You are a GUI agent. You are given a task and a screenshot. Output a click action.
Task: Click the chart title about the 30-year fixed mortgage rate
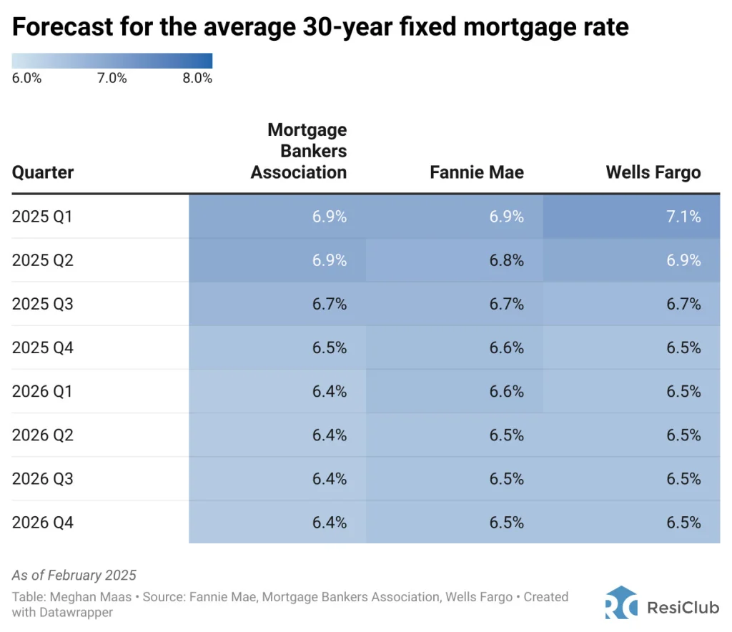tap(320, 26)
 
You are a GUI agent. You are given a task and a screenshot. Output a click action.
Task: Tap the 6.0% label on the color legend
tap(26, 79)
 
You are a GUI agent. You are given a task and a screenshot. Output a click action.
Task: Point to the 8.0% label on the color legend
tap(197, 79)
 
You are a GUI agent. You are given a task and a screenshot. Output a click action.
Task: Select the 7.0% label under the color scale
tap(112, 79)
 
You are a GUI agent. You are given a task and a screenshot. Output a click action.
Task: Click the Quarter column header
tap(43, 172)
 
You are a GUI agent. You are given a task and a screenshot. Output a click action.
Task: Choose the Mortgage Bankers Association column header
tap(299, 151)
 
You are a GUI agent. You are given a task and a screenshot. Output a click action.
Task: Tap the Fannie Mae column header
tap(477, 172)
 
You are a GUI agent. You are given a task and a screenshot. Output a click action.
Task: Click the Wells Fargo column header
tap(653, 172)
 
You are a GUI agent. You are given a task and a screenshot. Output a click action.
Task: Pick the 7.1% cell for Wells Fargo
tap(683, 216)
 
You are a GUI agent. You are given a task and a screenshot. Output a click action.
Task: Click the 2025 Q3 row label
tap(43, 304)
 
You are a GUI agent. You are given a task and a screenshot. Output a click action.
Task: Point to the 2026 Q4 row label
tap(43, 523)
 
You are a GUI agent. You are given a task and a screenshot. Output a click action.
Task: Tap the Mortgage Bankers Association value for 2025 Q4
tap(330, 347)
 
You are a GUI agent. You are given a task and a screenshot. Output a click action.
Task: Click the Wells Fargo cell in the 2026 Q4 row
tap(683, 523)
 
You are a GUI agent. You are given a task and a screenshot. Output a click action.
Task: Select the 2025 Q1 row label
tap(43, 216)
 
